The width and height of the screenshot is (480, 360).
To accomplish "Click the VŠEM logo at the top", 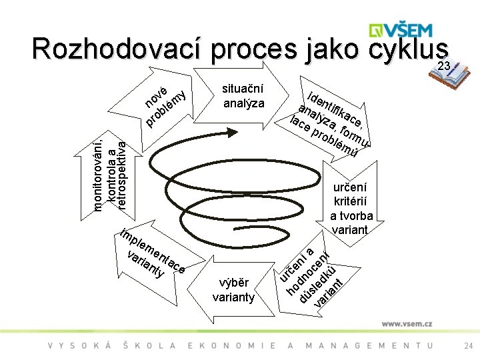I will tap(402, 30).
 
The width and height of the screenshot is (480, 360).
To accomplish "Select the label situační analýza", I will tap(243, 96).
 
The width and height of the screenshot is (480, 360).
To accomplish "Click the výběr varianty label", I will tap(233, 289).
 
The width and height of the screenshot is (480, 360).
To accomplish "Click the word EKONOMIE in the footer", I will tap(231, 345).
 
